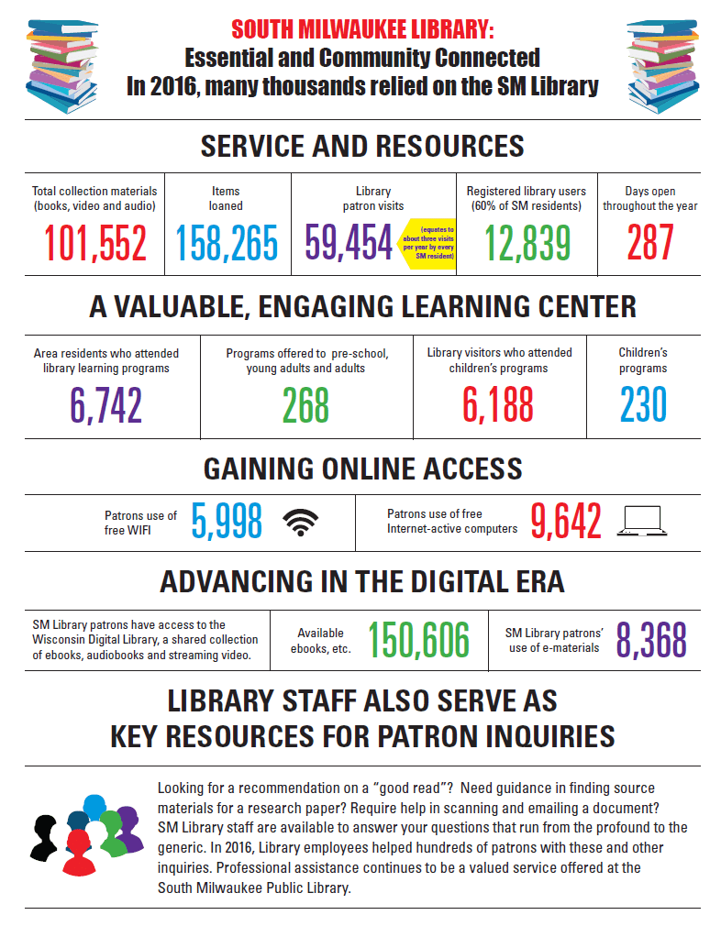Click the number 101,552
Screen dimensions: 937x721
pos(95,243)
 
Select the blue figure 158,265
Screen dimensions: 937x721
pos(227,243)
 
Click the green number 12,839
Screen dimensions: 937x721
pos(527,243)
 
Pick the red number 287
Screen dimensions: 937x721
pos(650,243)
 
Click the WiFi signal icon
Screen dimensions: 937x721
pos(301,522)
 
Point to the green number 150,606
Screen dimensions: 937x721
pos(418,640)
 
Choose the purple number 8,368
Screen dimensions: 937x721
pos(651,640)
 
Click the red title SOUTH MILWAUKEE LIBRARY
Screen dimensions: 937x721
pos(362,30)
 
